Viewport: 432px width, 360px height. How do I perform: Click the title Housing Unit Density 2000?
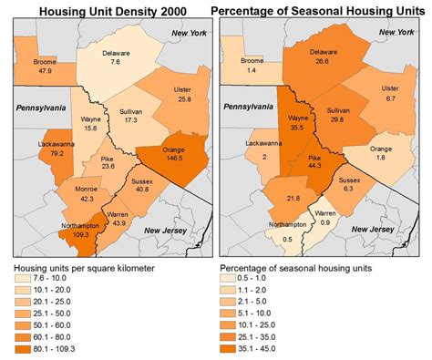click(105, 12)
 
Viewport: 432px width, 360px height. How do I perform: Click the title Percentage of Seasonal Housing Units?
click(319, 12)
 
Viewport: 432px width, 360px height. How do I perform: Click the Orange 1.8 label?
click(381, 152)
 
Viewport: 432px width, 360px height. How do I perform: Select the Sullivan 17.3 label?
click(130, 116)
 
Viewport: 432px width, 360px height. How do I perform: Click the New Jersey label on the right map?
click(382, 230)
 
